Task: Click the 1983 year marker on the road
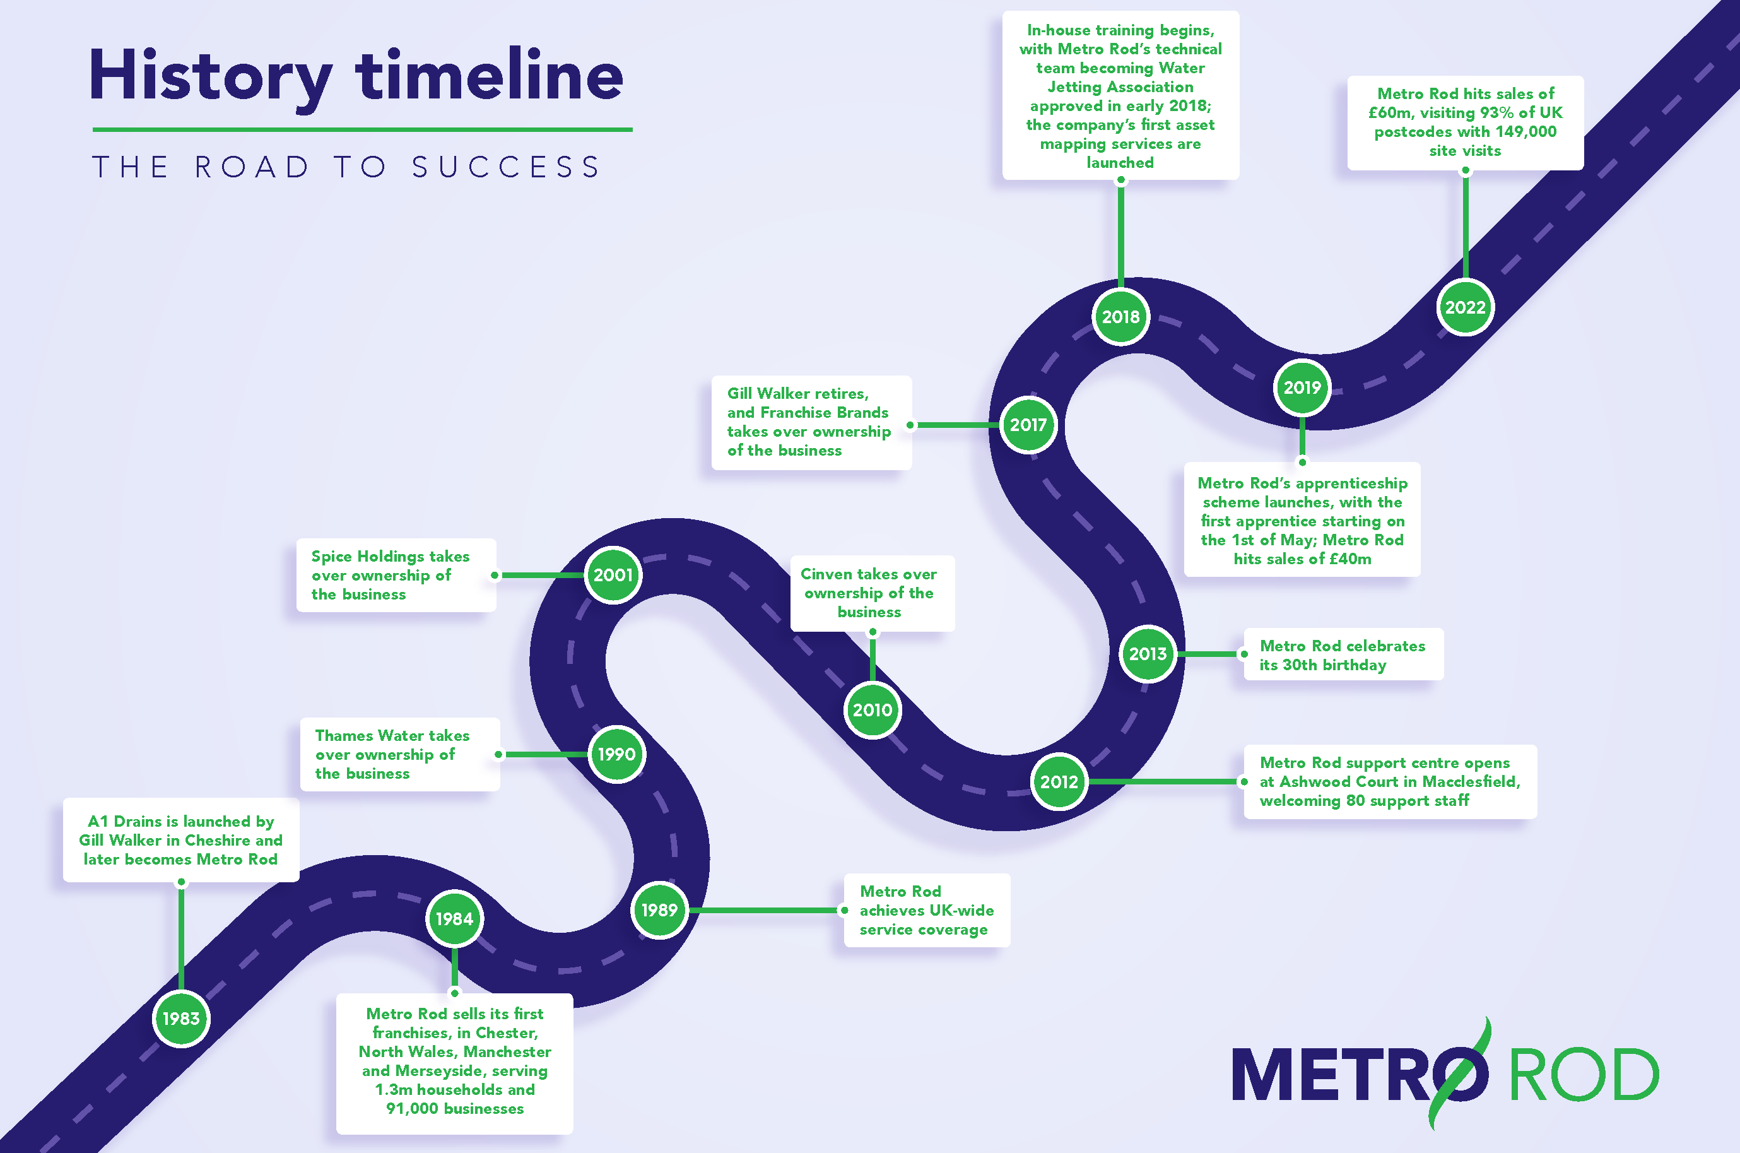pos(181,1019)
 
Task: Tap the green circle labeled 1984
pos(454,918)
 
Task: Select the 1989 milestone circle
pos(659,910)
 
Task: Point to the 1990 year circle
pos(617,754)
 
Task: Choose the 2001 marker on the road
pos(613,575)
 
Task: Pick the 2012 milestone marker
pos(1059,782)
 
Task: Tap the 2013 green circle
pos(1148,654)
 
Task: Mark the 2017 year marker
pos(1028,425)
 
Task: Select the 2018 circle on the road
pos(1120,317)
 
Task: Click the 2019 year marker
pos(1302,387)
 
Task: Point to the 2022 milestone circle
pos(1465,307)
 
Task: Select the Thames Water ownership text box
pos(400,754)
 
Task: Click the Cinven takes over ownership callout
pos(872,593)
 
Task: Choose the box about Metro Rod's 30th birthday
pos(1343,654)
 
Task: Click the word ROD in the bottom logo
pos(1584,1075)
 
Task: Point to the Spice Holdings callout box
pos(396,575)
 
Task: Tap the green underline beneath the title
pos(362,129)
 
